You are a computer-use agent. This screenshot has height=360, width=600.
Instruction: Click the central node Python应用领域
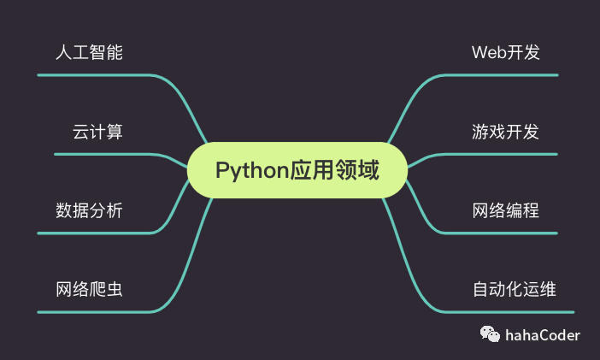click(x=297, y=170)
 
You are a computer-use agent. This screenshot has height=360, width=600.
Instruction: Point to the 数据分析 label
click(x=89, y=210)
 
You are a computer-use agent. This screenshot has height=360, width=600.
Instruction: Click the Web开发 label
click(x=506, y=52)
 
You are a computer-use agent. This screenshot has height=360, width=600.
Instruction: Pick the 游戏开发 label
click(x=506, y=132)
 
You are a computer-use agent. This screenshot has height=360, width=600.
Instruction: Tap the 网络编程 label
click(x=506, y=210)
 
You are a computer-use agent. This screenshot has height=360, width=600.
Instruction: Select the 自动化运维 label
click(x=515, y=288)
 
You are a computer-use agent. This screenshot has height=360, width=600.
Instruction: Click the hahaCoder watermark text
click(x=542, y=335)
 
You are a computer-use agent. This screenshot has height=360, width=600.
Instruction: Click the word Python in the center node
click(x=250, y=170)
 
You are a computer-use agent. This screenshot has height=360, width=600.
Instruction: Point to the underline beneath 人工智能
click(x=94, y=75)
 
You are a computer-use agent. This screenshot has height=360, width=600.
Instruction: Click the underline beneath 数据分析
click(x=94, y=233)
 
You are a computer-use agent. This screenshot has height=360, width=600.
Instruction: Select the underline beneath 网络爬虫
click(x=94, y=311)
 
